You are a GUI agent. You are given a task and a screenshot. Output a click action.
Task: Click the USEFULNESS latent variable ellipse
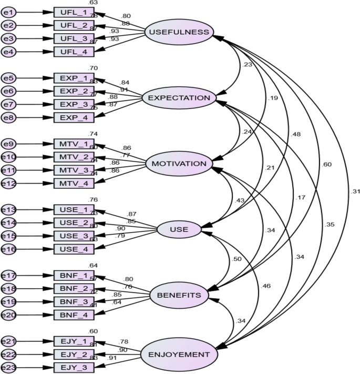pos(179,33)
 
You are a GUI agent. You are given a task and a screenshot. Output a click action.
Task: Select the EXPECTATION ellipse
pos(179,98)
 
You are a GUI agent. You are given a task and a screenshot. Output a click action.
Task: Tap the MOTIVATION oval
pos(179,164)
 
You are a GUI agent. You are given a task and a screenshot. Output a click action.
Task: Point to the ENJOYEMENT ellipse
pos(179,355)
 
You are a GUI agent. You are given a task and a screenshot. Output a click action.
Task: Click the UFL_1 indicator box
pos(74,12)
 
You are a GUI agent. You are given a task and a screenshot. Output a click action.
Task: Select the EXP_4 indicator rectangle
pos(74,117)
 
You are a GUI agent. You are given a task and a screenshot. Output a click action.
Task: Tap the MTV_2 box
pos(74,157)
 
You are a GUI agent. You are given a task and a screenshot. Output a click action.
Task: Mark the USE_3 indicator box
pos(74,236)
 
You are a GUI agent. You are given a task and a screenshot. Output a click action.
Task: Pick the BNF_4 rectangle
pos(74,315)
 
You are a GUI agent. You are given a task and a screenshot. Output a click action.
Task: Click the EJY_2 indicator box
pos(74,355)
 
